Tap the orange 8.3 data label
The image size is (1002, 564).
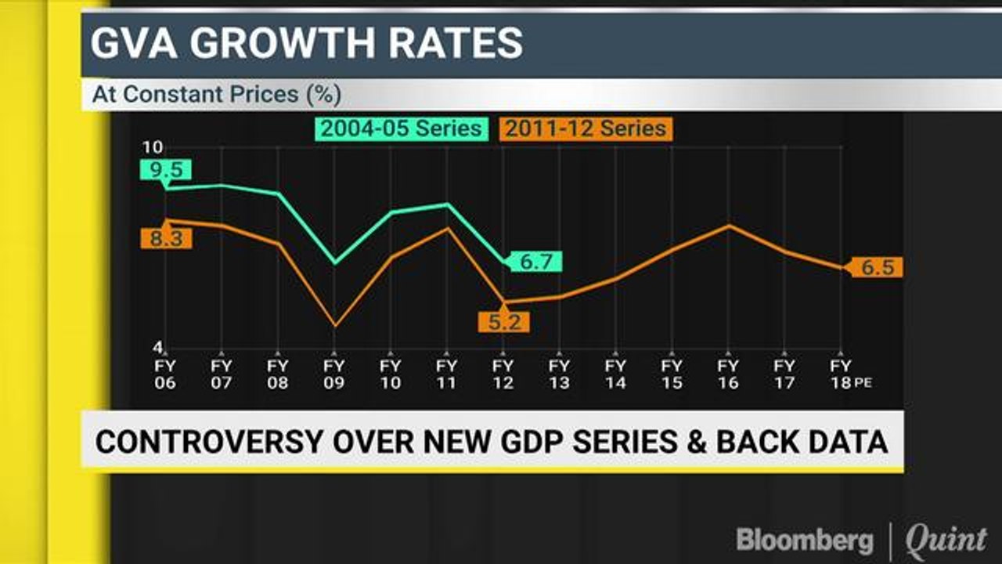[166, 238]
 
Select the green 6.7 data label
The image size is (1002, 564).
[536, 262]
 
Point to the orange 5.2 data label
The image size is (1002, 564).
[504, 321]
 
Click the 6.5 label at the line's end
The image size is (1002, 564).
[877, 267]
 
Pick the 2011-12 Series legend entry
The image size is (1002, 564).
[585, 128]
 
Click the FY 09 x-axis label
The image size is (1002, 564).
[334, 374]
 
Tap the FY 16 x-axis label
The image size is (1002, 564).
[728, 374]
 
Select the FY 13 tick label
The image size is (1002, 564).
[559, 374]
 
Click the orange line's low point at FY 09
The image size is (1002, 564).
[335, 325]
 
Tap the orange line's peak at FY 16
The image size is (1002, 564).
[729, 226]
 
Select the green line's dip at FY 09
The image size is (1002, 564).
[335, 262]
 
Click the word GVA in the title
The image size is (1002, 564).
[134, 44]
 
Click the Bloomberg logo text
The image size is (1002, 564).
[805, 540]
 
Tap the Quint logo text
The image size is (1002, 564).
[946, 540]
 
